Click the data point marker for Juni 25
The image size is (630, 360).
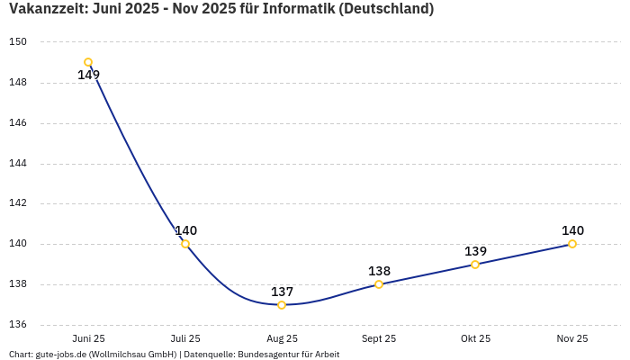click(x=88, y=62)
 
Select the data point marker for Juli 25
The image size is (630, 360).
click(x=185, y=244)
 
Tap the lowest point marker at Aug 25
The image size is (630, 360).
click(x=282, y=305)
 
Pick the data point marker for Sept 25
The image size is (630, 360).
click(x=379, y=284)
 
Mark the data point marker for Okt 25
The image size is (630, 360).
click(x=475, y=265)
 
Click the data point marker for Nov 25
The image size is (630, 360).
click(x=572, y=244)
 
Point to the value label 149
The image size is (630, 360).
click(x=88, y=76)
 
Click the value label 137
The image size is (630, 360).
click(x=282, y=292)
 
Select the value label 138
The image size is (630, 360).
click(x=379, y=271)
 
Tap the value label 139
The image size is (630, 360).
click(x=475, y=251)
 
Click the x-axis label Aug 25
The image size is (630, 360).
click(x=282, y=338)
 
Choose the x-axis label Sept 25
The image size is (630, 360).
click(x=379, y=338)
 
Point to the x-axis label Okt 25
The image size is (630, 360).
click(x=475, y=338)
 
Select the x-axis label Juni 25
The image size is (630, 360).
click(x=88, y=338)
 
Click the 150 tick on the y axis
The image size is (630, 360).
click(x=19, y=42)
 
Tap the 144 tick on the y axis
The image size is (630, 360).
click(x=19, y=164)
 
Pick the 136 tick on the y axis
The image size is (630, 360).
click(x=19, y=325)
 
